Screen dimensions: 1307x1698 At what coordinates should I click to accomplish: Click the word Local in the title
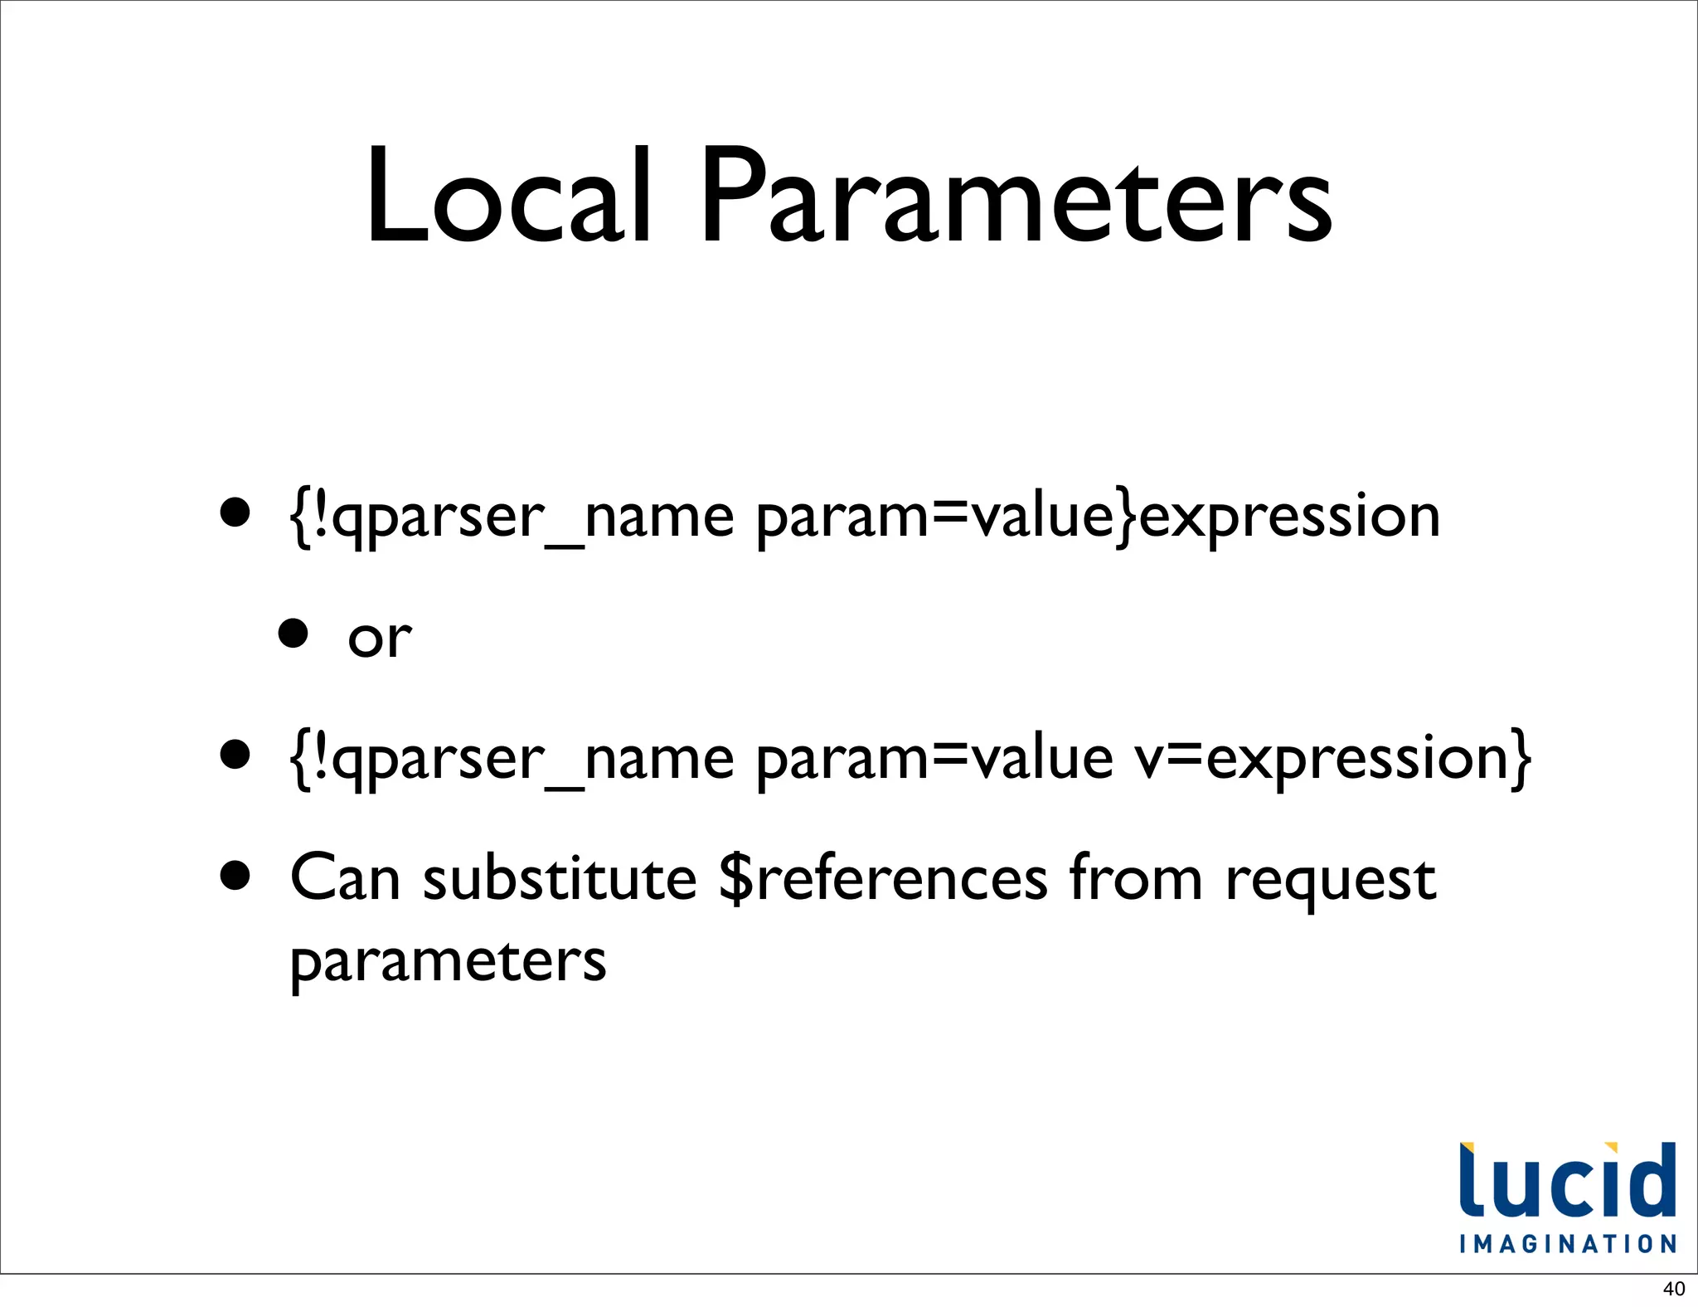click(x=507, y=197)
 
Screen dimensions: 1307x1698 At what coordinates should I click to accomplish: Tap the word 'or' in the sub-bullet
click(x=379, y=638)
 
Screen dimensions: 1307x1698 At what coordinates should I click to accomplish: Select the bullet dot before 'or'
click(x=293, y=634)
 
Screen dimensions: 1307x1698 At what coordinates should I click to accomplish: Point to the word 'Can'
click(x=345, y=878)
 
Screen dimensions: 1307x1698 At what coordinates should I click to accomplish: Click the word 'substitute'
click(x=560, y=878)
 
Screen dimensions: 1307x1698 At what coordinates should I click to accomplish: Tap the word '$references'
click(x=883, y=878)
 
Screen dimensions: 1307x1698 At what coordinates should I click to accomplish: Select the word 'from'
click(x=1135, y=878)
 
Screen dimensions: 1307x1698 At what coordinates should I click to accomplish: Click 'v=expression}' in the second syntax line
click(x=1332, y=759)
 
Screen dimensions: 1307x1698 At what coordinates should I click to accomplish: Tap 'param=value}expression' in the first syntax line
click(x=1098, y=517)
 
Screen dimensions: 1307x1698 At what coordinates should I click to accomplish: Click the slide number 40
click(x=1674, y=1289)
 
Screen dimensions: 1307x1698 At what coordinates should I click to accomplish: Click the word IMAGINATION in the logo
click(x=1568, y=1244)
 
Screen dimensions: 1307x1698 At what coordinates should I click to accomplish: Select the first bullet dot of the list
click(x=235, y=513)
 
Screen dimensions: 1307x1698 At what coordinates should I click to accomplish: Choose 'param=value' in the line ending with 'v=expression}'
click(x=934, y=759)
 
